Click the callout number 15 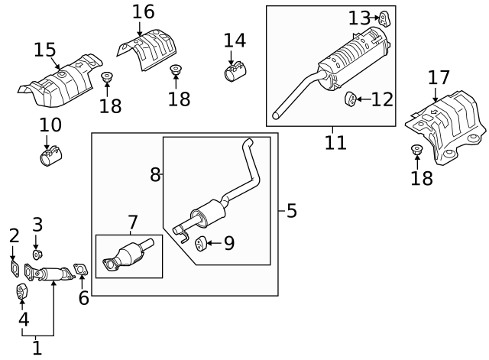point(45,50)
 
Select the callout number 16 point(142,12)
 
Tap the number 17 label point(439,78)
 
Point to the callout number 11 point(335,142)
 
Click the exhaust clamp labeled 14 point(233,72)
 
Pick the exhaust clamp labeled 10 point(50,158)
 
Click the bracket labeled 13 point(385,18)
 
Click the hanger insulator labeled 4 point(22,292)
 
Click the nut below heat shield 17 point(417,150)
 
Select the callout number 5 point(291,211)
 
